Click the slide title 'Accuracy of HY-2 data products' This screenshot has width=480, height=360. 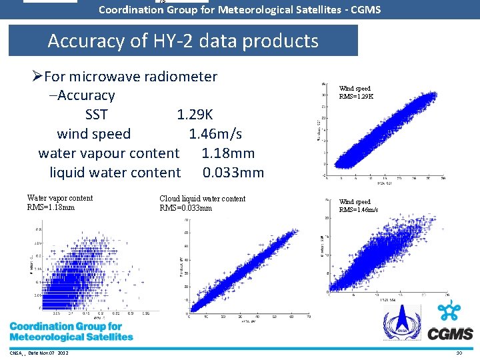(x=183, y=41)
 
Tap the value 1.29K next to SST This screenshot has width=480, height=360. (x=195, y=115)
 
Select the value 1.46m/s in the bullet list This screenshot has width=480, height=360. (x=215, y=134)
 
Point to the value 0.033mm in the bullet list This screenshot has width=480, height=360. (x=233, y=173)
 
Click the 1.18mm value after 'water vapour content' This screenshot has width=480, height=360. (x=228, y=153)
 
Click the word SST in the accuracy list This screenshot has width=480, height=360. (x=97, y=115)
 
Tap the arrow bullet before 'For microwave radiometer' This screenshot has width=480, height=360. (x=37, y=77)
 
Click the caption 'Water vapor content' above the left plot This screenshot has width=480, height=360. (x=60, y=198)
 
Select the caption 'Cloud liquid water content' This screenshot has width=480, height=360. (x=202, y=199)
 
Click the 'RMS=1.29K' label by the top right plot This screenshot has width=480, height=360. (x=356, y=97)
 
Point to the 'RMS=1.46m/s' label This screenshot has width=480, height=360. (x=358, y=210)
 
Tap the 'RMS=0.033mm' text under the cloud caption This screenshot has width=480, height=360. (x=185, y=208)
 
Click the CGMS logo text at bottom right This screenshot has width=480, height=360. (x=450, y=333)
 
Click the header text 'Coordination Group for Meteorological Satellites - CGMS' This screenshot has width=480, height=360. (x=239, y=10)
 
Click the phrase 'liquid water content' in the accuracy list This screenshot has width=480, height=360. (x=115, y=173)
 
